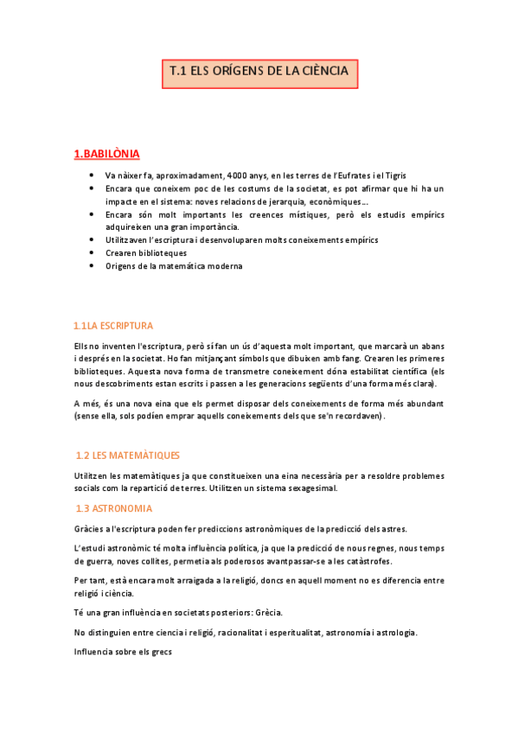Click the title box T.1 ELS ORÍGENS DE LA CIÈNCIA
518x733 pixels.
pyautogui.click(x=259, y=73)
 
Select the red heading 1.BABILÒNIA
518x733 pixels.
pyautogui.click(x=106, y=155)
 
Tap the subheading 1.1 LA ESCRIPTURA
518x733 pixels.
pyautogui.click(x=113, y=326)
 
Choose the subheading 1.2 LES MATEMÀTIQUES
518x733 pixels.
pyautogui.click(x=128, y=455)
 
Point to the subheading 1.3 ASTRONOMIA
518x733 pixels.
pyautogui.click(x=114, y=508)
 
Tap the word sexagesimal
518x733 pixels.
pyautogui.click(x=307, y=488)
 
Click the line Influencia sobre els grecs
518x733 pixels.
pyautogui.click(x=124, y=653)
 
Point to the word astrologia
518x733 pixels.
pyautogui.click(x=388, y=633)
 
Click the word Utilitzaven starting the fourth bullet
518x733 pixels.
pyautogui.click(x=129, y=239)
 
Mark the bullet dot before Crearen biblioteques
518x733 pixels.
pyautogui.click(x=92, y=252)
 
